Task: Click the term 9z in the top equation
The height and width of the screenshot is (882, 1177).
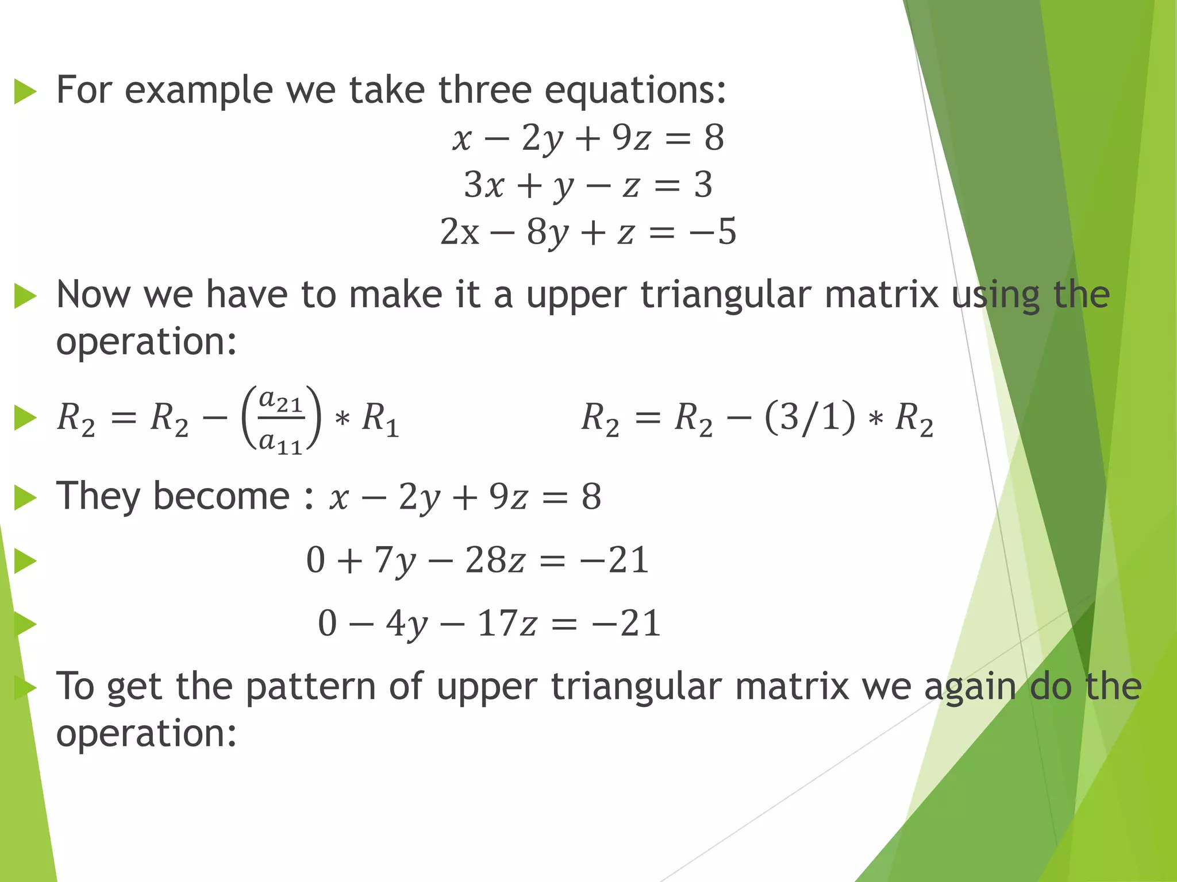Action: pyautogui.click(x=631, y=138)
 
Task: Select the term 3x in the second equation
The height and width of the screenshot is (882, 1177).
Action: pyautogui.click(x=484, y=185)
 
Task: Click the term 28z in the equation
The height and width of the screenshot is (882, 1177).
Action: pyautogui.click(x=495, y=560)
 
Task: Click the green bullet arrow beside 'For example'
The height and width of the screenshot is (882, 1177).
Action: pyautogui.click(x=25, y=92)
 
